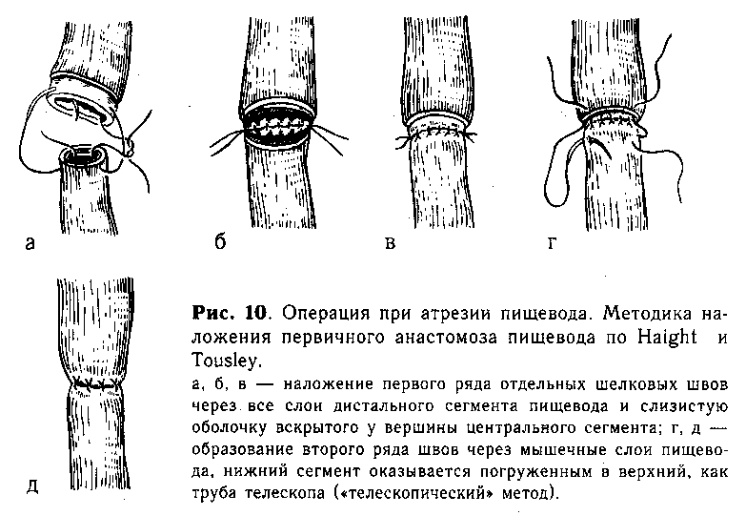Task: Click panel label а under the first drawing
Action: [30, 243]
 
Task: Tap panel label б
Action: [220, 241]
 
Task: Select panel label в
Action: [390, 243]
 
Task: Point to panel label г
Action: [552, 243]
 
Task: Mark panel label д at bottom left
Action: [31, 486]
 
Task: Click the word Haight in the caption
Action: [667, 337]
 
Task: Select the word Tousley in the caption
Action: [225, 361]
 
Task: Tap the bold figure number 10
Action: [257, 313]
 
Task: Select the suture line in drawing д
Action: [95, 384]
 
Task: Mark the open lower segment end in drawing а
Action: [83, 155]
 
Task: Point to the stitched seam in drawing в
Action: [435, 131]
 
